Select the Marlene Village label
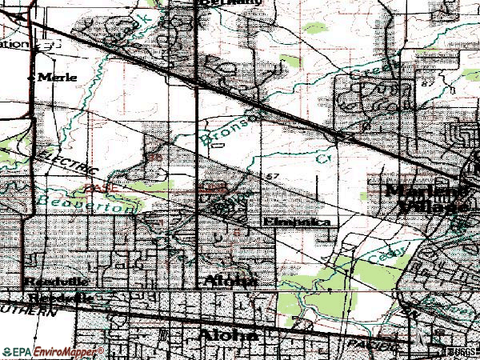(x=426, y=198)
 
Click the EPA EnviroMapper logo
(x=53, y=352)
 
